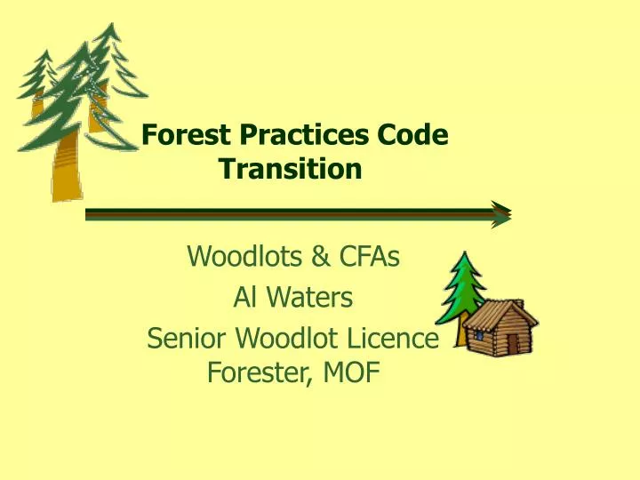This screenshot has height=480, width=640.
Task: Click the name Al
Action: [x=243, y=299]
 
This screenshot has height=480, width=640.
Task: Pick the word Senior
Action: [x=186, y=339]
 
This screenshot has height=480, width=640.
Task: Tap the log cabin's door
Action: [x=513, y=344]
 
